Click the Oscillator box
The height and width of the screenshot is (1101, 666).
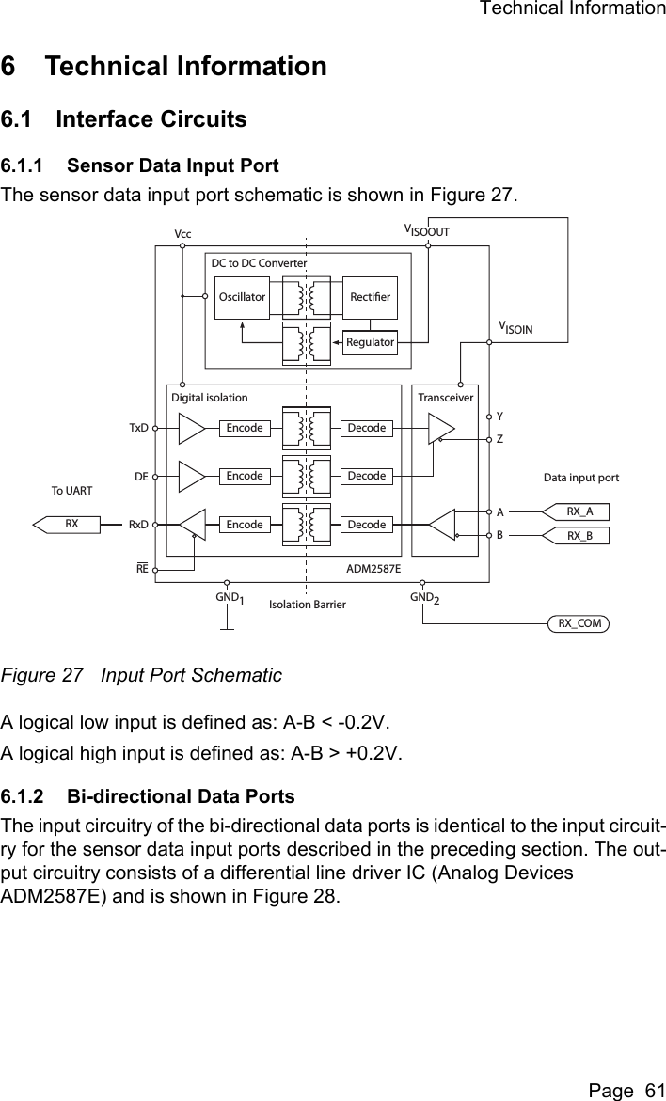click(x=242, y=297)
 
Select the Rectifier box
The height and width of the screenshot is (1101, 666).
click(x=370, y=297)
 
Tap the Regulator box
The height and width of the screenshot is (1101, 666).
click(x=370, y=342)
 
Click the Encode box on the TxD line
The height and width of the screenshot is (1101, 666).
click(x=245, y=428)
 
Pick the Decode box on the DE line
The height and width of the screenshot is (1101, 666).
click(x=367, y=476)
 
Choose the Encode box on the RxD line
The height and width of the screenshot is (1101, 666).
click(x=245, y=524)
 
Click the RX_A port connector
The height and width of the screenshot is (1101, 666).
click(x=578, y=511)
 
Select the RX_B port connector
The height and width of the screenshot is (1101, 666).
click(x=578, y=536)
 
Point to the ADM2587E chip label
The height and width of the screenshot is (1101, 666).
click(x=373, y=569)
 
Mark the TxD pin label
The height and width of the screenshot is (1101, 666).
click(x=138, y=428)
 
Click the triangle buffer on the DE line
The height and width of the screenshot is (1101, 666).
click(x=191, y=476)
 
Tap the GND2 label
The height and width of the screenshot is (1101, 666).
click(x=424, y=599)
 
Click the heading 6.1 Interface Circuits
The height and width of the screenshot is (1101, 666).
click(x=124, y=119)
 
